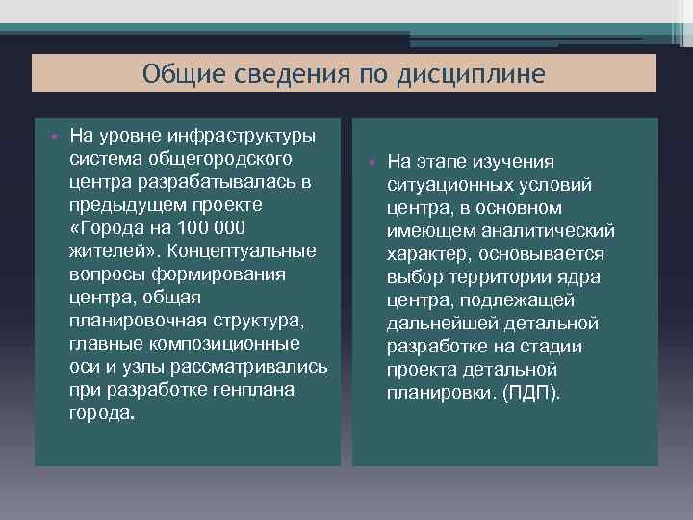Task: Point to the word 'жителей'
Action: point(105,250)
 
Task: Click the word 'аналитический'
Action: point(553,231)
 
